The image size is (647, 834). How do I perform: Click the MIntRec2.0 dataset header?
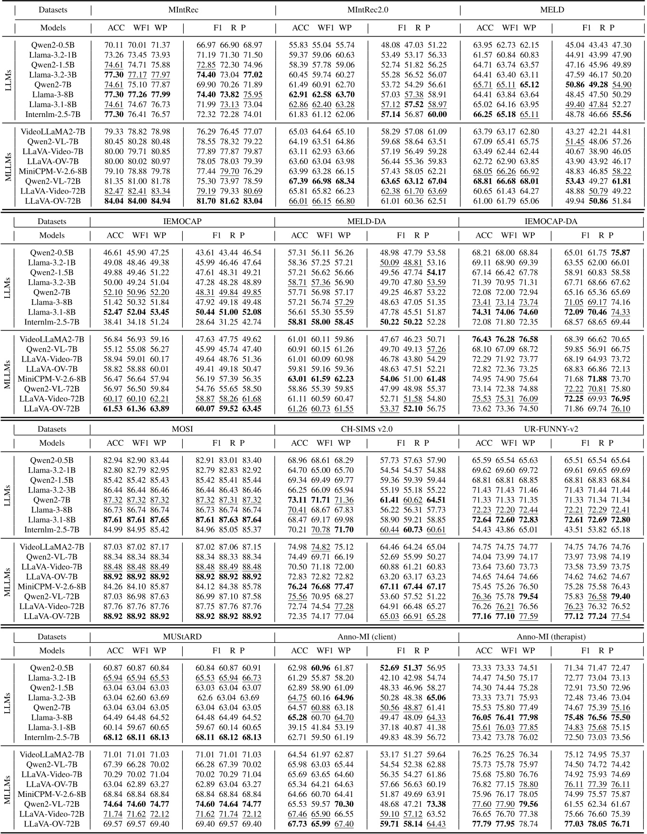click(x=367, y=10)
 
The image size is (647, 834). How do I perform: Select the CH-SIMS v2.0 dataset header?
click(x=366, y=429)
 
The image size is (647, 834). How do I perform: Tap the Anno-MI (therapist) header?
click(x=551, y=637)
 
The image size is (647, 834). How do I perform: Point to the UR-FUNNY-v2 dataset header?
click(x=551, y=429)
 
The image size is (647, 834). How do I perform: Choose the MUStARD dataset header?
click(x=182, y=637)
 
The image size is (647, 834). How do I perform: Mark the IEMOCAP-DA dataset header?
click(x=551, y=221)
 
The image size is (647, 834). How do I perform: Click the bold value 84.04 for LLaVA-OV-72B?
click(x=114, y=201)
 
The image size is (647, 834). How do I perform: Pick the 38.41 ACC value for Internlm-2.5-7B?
click(x=113, y=322)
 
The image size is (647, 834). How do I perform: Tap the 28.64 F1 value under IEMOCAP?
click(x=206, y=322)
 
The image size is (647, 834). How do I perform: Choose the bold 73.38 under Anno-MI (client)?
click(x=436, y=804)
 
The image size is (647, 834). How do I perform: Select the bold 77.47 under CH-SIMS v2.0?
click(x=344, y=587)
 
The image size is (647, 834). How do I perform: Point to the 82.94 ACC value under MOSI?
click(x=113, y=460)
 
